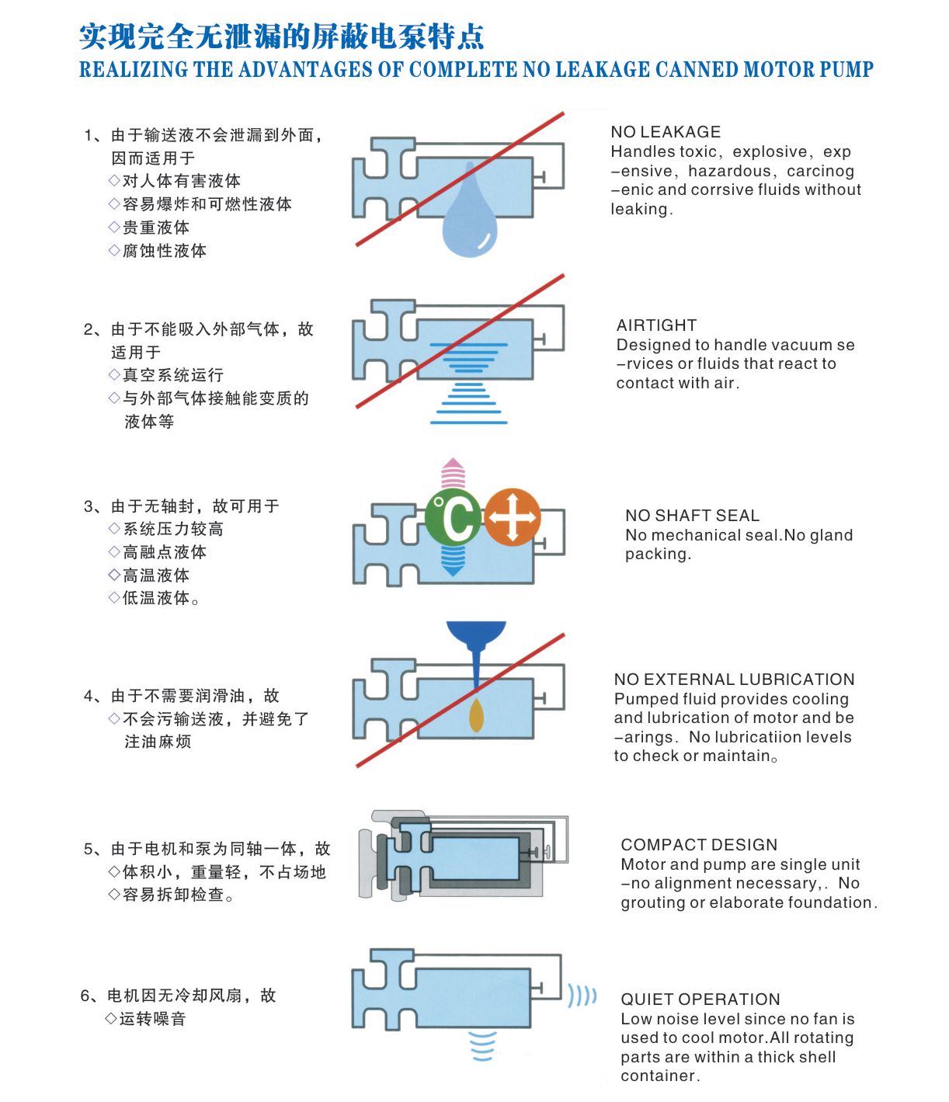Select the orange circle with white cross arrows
pos(513,517)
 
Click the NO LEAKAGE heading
pos(666,132)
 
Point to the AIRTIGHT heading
pos(656,325)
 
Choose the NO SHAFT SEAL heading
pos(692,516)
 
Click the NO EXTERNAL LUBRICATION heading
pos(734,680)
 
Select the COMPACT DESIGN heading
pos(699,845)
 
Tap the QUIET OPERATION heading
pos(700,999)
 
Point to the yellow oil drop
pos(476,715)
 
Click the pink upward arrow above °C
pos(454,473)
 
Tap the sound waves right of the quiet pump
pos(582,996)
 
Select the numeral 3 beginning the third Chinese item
pos(89,506)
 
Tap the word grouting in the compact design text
pos(651,903)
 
